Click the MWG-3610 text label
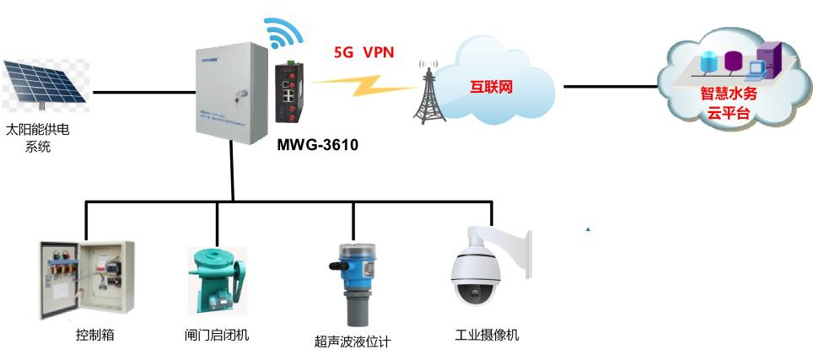[x=317, y=146]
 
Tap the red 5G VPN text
[x=364, y=52]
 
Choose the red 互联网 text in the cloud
[x=491, y=86]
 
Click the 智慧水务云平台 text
[x=729, y=104]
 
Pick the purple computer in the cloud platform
[x=768, y=61]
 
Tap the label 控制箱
[x=94, y=336]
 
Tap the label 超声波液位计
[x=353, y=341]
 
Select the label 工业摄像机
[x=487, y=336]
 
